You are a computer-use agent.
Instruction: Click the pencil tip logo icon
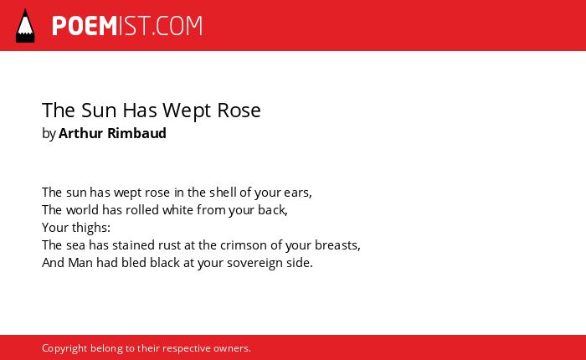(25, 25)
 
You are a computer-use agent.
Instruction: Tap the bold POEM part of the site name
(85, 26)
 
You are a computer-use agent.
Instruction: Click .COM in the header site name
(177, 26)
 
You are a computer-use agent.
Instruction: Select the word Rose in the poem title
(239, 110)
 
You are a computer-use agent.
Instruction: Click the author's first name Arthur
(80, 133)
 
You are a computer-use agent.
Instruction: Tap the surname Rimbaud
(136, 133)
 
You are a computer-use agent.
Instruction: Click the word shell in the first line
(223, 193)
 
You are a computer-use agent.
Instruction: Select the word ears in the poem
(296, 193)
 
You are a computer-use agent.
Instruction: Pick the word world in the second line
(83, 209)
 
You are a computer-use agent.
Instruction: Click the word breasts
(337, 245)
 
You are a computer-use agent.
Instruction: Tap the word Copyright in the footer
(64, 348)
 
